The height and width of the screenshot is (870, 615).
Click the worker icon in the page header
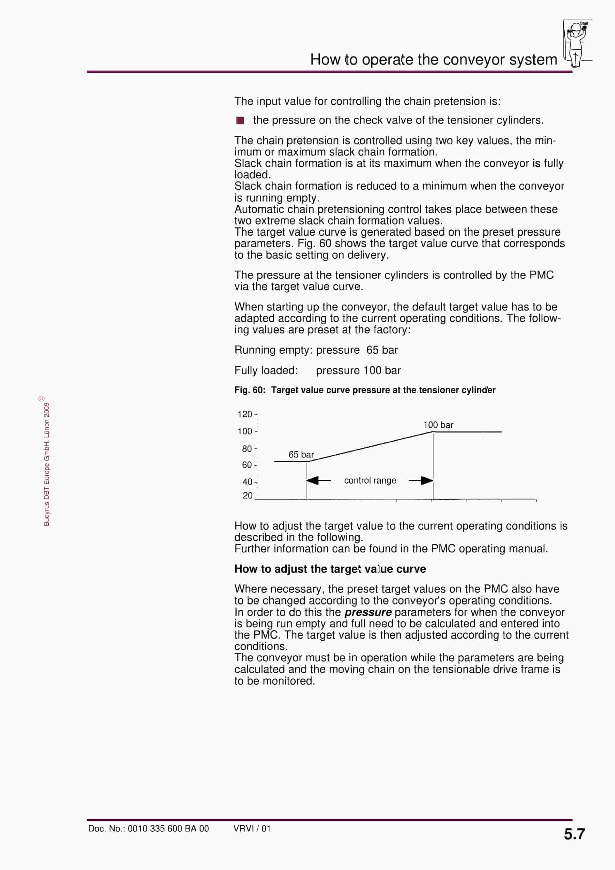(x=576, y=44)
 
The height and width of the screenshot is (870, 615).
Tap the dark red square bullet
(x=240, y=120)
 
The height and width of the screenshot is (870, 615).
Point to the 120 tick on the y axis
(x=245, y=414)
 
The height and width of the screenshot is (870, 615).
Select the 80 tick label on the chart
(x=247, y=449)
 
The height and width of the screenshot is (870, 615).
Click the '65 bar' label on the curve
(x=301, y=454)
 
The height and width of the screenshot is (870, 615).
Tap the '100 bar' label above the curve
(x=438, y=425)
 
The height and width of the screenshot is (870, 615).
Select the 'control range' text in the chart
(x=370, y=480)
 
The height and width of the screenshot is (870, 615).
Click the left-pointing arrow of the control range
(x=318, y=480)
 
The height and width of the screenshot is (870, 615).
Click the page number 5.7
(x=574, y=834)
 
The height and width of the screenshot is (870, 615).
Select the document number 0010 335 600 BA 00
(x=168, y=829)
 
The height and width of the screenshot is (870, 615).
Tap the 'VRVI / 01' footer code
(x=252, y=828)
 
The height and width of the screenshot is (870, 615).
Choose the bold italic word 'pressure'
(x=368, y=612)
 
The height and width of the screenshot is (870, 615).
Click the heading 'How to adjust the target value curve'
(x=330, y=569)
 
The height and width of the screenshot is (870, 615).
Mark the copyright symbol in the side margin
(x=42, y=398)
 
